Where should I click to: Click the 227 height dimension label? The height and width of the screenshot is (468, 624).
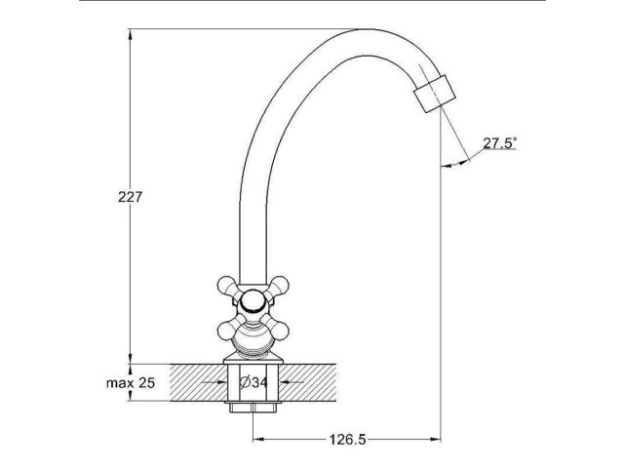tap(131, 196)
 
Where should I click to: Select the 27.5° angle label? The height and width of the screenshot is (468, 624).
tap(500, 142)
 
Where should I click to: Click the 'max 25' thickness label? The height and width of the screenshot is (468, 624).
tap(131, 382)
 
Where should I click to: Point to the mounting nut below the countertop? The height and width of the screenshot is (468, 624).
tap(253, 408)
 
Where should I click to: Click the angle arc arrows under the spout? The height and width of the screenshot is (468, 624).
tap(458, 162)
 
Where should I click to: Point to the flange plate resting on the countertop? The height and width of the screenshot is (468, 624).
tap(253, 360)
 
